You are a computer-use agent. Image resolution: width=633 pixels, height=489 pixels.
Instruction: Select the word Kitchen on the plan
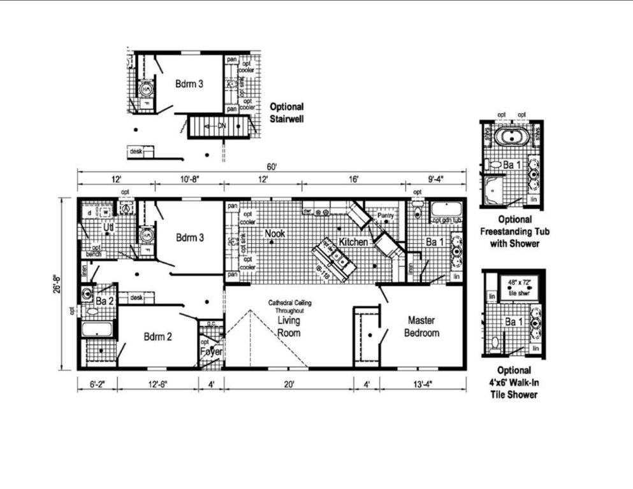pyautogui.click(x=352, y=243)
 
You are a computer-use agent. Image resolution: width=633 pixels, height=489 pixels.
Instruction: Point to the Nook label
pyautogui.click(x=274, y=234)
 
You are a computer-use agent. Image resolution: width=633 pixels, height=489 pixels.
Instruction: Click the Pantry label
pyautogui.click(x=386, y=216)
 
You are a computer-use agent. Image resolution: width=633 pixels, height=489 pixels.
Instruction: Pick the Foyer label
pyautogui.click(x=210, y=351)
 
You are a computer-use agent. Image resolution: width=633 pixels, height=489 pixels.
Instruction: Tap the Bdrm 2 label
pyautogui.click(x=157, y=337)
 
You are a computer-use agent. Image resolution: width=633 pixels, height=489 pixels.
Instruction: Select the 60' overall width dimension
pyautogui.click(x=272, y=167)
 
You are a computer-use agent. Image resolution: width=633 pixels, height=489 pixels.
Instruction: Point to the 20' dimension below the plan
pyautogui.click(x=289, y=384)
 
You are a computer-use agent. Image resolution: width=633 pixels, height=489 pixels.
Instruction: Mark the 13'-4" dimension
pyautogui.click(x=423, y=384)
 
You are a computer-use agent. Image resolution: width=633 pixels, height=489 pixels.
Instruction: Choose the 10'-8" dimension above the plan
pyautogui.click(x=189, y=180)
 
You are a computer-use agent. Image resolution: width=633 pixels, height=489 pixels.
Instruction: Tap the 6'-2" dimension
pyautogui.click(x=97, y=384)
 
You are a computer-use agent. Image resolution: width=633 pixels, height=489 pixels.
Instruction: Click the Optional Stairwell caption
pyautogui.click(x=286, y=112)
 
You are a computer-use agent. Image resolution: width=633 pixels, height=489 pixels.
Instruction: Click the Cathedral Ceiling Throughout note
pyautogui.click(x=286, y=307)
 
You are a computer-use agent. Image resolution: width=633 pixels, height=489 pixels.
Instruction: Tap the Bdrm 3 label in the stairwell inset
pyautogui.click(x=190, y=83)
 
